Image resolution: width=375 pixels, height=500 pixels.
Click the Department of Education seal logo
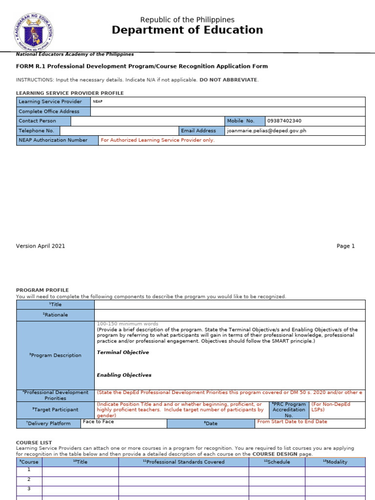33,33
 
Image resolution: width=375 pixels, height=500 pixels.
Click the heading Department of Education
187,30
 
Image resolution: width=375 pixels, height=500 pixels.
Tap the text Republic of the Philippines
187,20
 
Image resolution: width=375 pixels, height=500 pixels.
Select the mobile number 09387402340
285,121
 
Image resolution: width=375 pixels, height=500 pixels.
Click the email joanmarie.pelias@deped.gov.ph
267,131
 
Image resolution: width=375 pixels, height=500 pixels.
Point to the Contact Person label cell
38,121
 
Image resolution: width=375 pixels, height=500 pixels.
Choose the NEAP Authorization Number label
53,140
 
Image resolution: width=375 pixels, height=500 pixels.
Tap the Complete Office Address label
49,111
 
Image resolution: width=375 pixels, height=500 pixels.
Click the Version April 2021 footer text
41,246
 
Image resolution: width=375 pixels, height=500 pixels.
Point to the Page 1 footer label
346,246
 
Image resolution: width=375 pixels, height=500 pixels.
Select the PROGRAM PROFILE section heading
42,290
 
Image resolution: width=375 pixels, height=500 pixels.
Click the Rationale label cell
55,315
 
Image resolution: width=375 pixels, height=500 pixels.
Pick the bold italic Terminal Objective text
123,353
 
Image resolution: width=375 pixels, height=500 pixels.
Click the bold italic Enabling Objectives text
124,375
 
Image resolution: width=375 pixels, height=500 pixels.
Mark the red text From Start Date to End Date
292,422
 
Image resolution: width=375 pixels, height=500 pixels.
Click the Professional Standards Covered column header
184,462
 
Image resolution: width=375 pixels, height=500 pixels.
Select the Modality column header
335,462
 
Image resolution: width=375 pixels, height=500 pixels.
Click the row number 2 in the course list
29,479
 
